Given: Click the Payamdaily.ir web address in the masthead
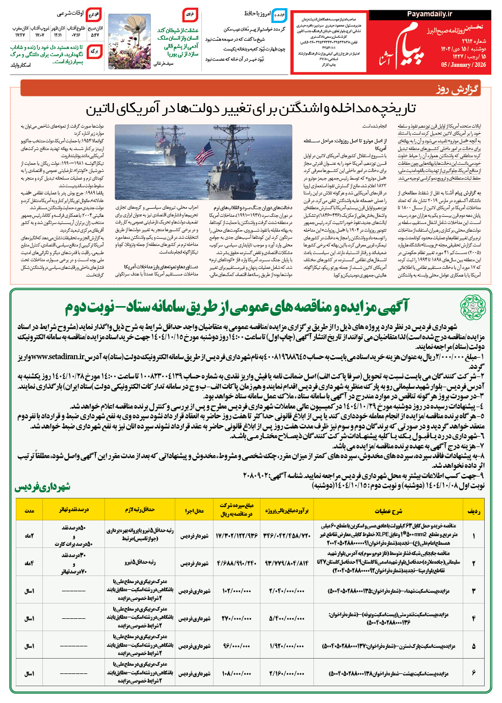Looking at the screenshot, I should pos(429,14).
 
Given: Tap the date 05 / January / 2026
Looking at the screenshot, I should pos(463,65).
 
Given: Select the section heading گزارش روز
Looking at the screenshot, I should pos(457,89).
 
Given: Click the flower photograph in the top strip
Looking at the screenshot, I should pos(129,41).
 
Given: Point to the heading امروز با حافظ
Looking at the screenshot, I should pos(257,13).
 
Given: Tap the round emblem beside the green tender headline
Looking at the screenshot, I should pos(473,306).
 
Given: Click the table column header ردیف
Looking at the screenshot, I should pos(473,510).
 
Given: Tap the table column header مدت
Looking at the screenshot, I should pos(30,510).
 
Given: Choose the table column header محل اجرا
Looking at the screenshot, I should pos(194,510).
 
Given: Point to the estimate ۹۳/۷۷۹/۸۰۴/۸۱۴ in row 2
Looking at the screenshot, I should pos(287,563).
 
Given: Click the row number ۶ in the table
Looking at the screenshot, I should pos(473,673).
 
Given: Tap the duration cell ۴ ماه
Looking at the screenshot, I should pos(30,563).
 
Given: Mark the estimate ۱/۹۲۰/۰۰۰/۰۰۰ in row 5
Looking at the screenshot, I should pos(287,646).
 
